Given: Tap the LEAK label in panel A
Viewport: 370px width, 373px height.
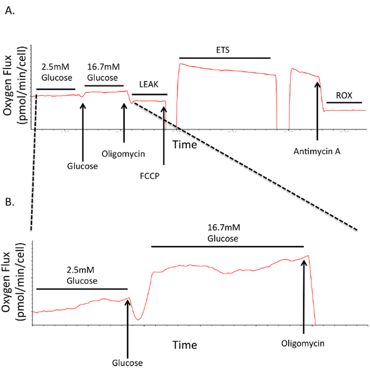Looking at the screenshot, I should tap(150, 84).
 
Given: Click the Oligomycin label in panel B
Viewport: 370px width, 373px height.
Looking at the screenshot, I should tap(303, 344).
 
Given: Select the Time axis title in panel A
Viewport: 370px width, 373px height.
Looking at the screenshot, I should tap(185, 145).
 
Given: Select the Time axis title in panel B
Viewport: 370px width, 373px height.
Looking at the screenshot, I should tap(185, 345).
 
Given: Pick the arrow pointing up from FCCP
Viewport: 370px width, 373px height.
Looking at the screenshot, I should tap(164, 136).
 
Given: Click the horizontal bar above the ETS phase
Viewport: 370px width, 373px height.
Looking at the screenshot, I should tap(225, 58).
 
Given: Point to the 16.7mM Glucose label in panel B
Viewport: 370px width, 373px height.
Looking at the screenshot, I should tap(228, 233).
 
